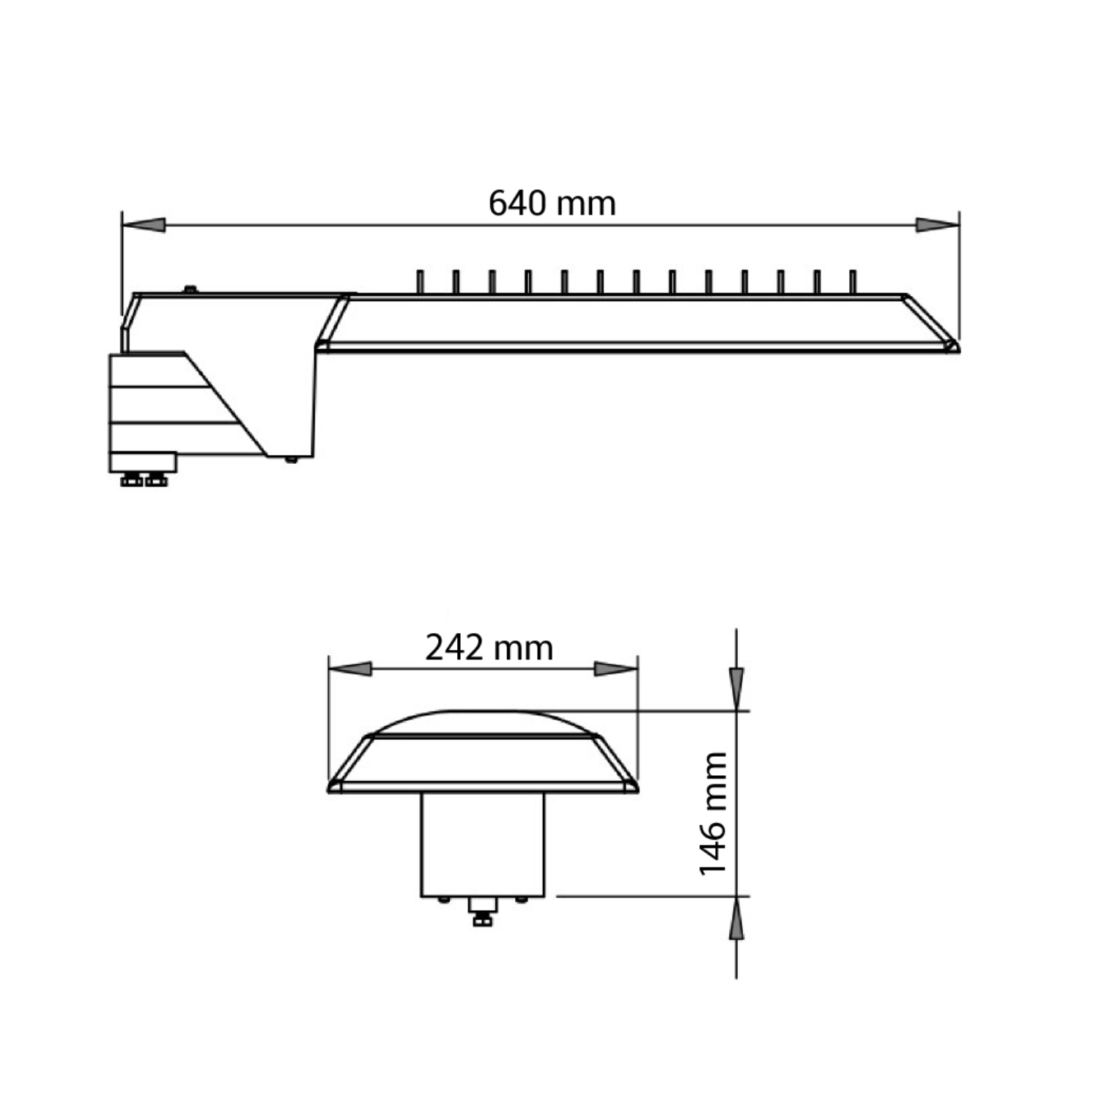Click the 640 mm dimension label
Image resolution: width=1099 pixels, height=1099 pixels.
click(x=552, y=203)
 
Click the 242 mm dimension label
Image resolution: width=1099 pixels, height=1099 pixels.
click(x=489, y=648)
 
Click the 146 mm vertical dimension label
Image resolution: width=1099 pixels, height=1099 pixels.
click(x=712, y=813)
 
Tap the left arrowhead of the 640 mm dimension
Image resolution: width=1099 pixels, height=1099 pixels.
click(x=144, y=225)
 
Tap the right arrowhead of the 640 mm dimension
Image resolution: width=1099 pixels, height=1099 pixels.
click(x=937, y=225)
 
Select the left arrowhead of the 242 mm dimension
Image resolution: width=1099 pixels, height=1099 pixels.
click(x=350, y=669)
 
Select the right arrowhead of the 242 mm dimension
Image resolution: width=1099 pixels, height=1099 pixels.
click(x=615, y=669)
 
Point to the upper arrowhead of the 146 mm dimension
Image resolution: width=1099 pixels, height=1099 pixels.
click(x=736, y=688)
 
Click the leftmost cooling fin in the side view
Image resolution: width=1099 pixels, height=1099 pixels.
click(x=420, y=282)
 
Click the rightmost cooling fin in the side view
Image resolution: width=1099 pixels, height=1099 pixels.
click(x=852, y=282)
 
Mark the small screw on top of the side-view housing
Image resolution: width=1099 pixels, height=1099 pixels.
click(x=190, y=289)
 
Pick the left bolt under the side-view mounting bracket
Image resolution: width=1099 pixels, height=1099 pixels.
click(x=132, y=480)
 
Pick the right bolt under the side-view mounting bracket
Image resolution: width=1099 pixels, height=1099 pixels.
click(x=156, y=480)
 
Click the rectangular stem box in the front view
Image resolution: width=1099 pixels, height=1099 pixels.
click(x=483, y=844)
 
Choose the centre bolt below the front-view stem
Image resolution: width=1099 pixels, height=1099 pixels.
click(x=482, y=912)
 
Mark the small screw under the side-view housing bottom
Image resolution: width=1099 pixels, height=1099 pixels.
click(x=291, y=459)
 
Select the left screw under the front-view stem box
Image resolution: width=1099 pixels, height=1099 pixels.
click(x=443, y=900)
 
